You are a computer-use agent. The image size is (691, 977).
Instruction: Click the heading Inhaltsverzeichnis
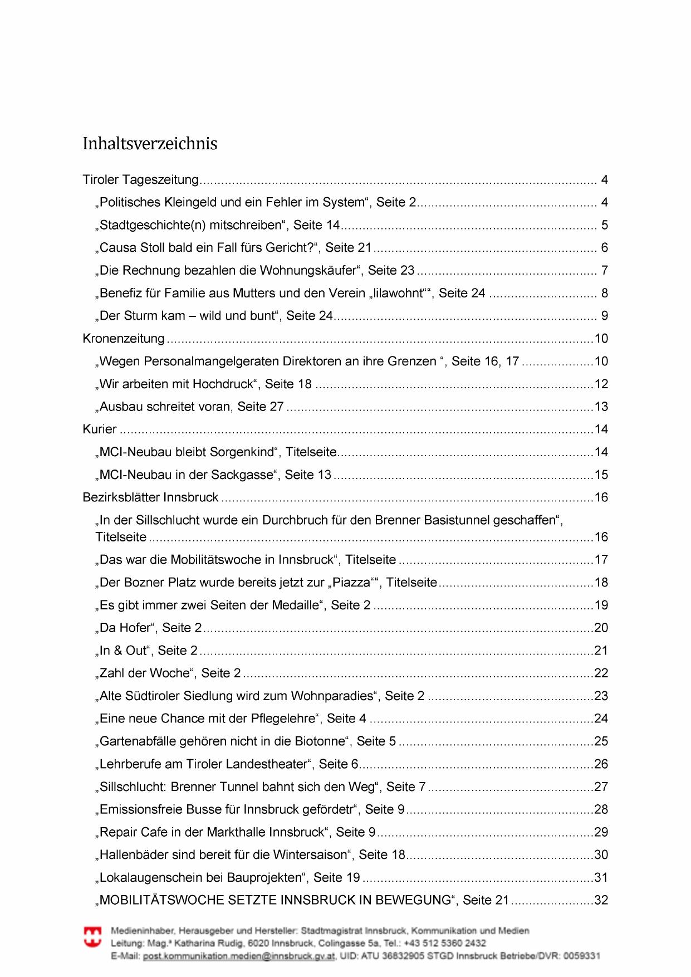click(150, 144)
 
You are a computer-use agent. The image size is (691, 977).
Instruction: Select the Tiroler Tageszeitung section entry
click(140, 180)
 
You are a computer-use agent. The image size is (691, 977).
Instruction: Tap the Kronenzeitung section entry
click(124, 339)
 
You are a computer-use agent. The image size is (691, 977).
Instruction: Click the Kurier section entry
click(100, 429)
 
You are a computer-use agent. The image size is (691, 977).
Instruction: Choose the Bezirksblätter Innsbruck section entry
click(150, 497)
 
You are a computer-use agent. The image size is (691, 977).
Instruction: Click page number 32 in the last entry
click(601, 900)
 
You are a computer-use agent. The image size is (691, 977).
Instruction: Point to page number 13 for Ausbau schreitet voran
click(601, 407)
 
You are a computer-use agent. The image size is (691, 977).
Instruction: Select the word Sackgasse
click(242, 475)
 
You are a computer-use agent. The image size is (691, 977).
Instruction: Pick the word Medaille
click(297, 605)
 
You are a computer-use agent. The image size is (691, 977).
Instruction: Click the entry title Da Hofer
click(125, 628)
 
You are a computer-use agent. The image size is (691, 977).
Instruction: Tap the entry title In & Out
click(122, 651)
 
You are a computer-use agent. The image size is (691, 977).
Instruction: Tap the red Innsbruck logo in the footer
click(92, 937)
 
